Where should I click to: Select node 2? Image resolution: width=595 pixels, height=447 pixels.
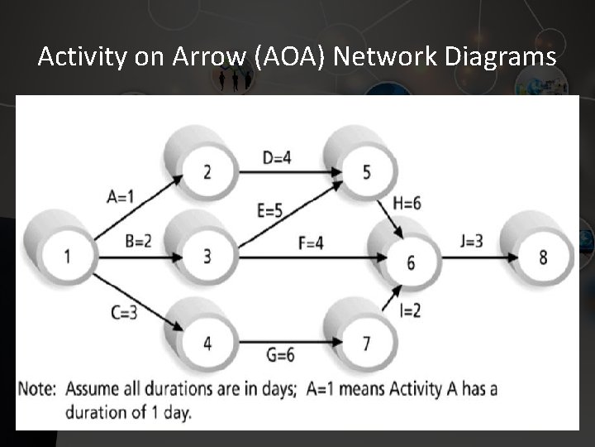coord(207,171)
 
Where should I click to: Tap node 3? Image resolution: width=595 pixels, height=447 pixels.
coord(207,257)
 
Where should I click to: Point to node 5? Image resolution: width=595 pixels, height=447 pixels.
coord(365,171)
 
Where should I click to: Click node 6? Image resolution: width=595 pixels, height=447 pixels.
coord(411,263)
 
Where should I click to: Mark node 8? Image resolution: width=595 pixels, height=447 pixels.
coord(542,257)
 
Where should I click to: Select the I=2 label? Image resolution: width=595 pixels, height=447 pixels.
coord(411,311)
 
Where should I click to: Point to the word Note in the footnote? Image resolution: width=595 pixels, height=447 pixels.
coord(38,388)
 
